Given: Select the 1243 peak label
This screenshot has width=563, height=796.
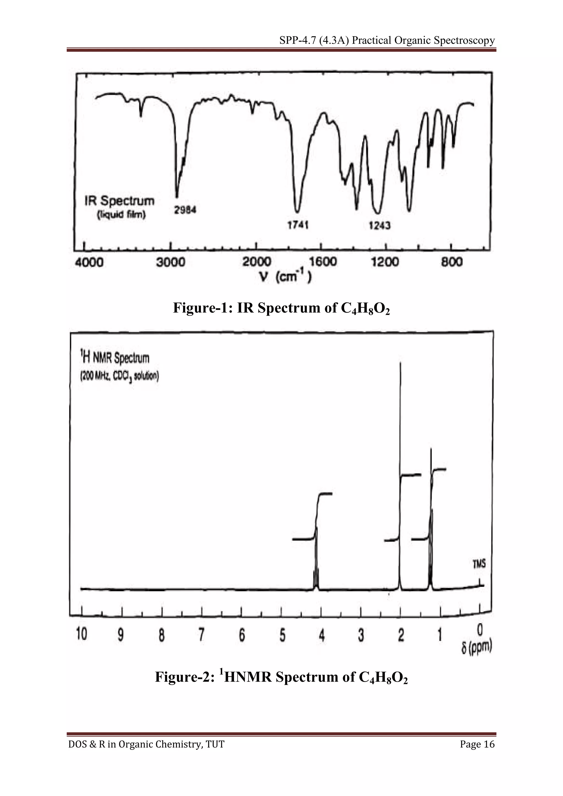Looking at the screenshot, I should pyautogui.click(x=379, y=226).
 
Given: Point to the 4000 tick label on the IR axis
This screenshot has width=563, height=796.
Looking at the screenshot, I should pyautogui.click(x=89, y=262).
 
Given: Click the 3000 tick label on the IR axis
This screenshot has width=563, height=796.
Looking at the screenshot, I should pyautogui.click(x=170, y=262).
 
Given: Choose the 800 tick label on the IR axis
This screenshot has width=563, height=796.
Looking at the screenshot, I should pyautogui.click(x=452, y=262).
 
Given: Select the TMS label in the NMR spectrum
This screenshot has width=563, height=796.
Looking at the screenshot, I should pyautogui.click(x=479, y=564).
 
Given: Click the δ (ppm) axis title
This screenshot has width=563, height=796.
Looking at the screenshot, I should pyautogui.click(x=477, y=647).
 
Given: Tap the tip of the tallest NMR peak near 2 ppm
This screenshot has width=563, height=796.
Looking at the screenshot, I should pyautogui.click(x=401, y=363).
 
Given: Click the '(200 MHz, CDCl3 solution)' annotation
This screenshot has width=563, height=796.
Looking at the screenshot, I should pyautogui.click(x=120, y=376).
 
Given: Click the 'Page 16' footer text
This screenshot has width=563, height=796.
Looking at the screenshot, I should pyautogui.click(x=477, y=744).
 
